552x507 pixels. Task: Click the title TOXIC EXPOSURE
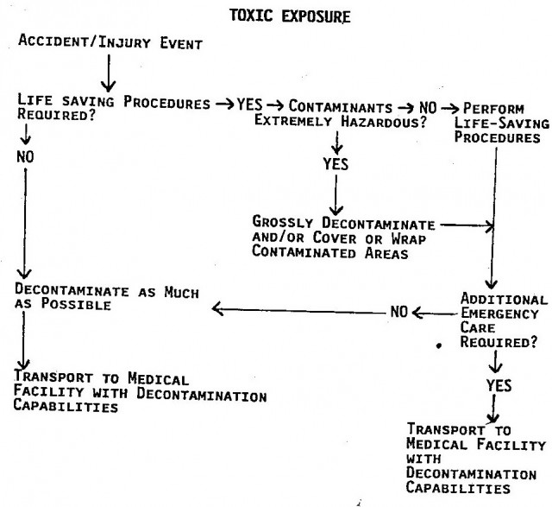(x=290, y=16)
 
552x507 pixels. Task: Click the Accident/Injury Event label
(x=110, y=42)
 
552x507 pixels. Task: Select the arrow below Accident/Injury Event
(x=109, y=73)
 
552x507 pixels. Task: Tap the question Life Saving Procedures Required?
(x=114, y=107)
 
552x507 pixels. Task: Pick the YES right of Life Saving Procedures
(x=249, y=105)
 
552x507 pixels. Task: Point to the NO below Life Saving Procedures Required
(x=25, y=156)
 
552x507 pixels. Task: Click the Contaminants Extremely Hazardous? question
(x=341, y=113)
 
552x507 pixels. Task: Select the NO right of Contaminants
(x=428, y=108)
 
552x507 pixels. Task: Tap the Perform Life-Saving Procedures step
(x=501, y=123)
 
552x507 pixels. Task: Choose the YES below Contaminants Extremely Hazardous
(x=336, y=164)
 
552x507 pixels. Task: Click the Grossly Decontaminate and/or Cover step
(x=343, y=238)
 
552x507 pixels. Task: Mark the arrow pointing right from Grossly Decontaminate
(x=467, y=225)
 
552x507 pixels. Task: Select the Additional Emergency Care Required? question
(x=504, y=320)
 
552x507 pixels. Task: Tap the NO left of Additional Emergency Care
(x=398, y=312)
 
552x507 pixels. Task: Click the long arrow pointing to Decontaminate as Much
(x=299, y=310)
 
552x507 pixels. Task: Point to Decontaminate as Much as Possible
(x=107, y=297)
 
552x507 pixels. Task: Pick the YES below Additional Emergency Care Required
(x=499, y=385)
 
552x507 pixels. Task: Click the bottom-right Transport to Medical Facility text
(x=475, y=459)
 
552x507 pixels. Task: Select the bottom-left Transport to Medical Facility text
(x=140, y=391)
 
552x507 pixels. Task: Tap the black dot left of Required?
(x=439, y=345)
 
